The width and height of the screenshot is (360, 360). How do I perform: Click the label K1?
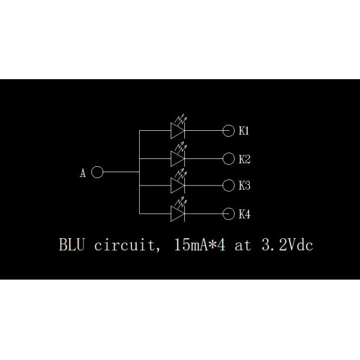click(244, 130)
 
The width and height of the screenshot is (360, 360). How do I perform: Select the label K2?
click(244, 159)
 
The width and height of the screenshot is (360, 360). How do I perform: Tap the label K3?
click(244, 185)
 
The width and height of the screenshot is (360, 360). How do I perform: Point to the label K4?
click(244, 214)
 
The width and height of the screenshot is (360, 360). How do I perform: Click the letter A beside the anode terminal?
click(83, 173)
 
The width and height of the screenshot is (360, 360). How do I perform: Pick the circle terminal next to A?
click(98, 173)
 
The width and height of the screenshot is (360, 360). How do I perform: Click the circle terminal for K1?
click(228, 130)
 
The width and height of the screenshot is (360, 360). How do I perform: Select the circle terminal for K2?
click(228, 159)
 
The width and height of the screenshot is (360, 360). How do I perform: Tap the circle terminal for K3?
click(228, 185)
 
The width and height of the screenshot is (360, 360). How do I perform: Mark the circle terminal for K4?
click(228, 214)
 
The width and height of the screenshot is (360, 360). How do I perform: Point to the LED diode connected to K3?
click(178, 185)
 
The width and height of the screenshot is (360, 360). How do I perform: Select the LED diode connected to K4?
click(178, 214)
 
